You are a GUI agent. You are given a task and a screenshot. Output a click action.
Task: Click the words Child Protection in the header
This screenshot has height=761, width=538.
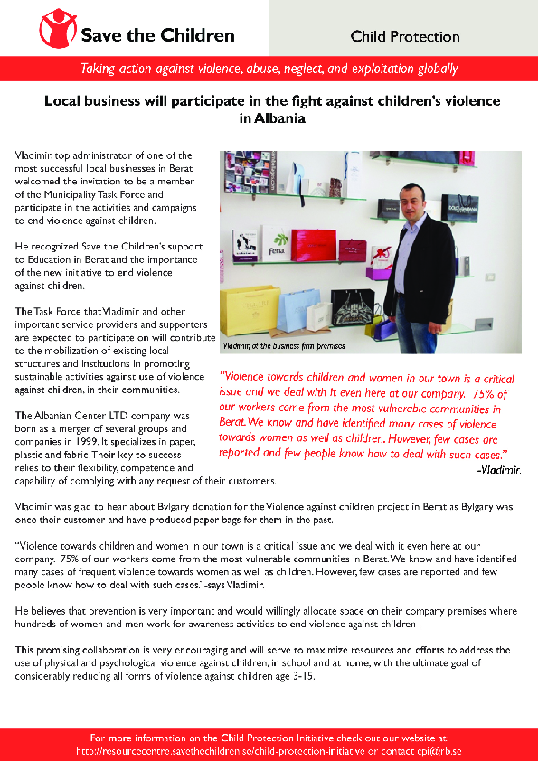tap(405, 37)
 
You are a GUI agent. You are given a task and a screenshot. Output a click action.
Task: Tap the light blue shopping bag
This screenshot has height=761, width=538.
tap(294, 310)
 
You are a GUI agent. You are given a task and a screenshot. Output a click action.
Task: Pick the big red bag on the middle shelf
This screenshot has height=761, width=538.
tap(314, 245)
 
